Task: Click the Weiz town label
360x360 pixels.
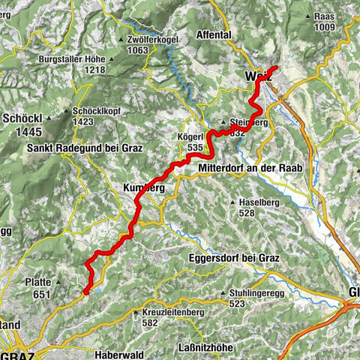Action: (256, 75)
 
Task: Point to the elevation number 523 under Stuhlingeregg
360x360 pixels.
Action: (237, 304)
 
